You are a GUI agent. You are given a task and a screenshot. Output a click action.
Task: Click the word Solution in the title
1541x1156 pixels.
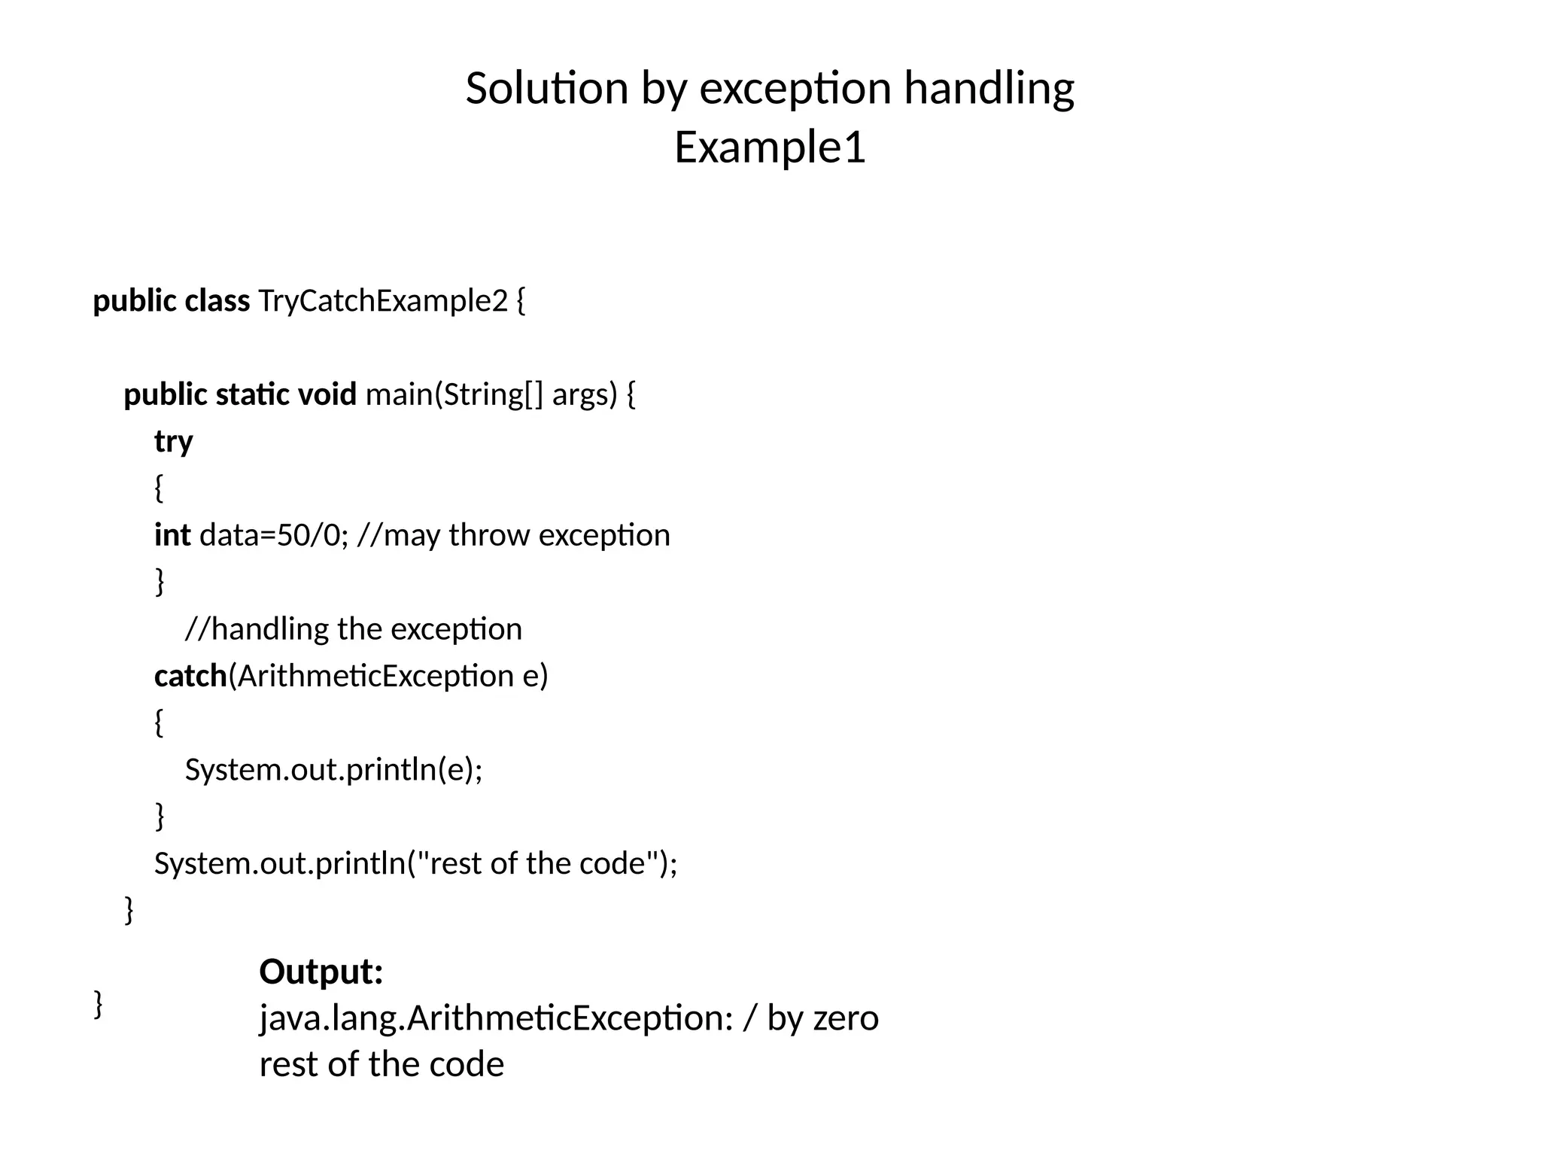547,88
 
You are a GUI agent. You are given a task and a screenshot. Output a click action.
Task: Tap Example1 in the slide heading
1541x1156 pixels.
770,147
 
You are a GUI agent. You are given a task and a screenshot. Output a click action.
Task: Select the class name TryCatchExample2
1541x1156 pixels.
383,301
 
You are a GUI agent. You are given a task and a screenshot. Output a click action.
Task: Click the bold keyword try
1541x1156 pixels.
173,442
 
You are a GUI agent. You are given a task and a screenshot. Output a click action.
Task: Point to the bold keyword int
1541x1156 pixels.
172,535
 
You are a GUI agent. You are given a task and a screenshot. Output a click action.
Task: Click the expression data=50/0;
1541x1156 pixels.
274,535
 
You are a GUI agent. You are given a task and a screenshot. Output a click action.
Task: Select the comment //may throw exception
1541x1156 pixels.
514,535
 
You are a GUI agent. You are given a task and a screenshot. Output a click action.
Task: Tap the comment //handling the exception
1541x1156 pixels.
353,629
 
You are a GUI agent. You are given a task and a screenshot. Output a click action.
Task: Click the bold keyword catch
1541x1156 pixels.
190,676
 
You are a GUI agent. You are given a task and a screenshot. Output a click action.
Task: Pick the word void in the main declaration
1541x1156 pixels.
327,394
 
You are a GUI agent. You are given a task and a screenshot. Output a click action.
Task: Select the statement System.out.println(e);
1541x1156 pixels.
333,770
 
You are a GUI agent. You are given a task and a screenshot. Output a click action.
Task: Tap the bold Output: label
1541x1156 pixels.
321,972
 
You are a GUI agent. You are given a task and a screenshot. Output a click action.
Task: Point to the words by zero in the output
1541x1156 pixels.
822,1018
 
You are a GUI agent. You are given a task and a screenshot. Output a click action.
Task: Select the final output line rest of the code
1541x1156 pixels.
381,1065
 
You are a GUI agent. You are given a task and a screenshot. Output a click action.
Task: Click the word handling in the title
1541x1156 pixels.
989,88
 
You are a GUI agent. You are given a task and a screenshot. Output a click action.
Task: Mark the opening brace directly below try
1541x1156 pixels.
159,488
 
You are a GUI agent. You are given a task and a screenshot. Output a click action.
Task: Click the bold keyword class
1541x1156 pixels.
217,301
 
